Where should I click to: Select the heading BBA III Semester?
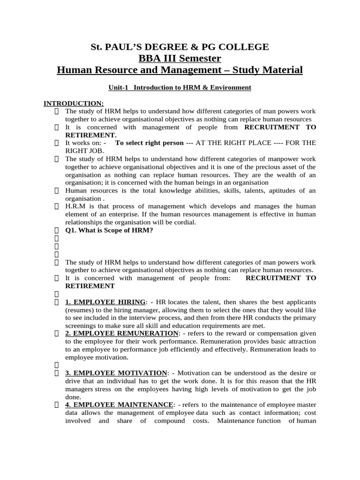coord(180,58)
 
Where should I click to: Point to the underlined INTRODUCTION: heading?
coord(74,103)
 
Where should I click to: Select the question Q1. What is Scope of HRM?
coord(109,230)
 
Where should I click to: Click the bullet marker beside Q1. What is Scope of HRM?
coord(56,230)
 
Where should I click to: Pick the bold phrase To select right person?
coord(150,142)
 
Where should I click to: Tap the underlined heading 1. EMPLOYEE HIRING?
coord(105,301)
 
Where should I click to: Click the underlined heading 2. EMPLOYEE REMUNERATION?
coord(122,333)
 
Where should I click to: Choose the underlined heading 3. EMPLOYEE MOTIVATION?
coord(116,373)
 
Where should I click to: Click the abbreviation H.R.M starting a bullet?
coord(76,206)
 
